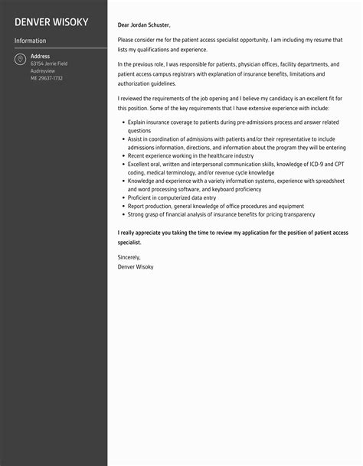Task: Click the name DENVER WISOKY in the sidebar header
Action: click(51, 21)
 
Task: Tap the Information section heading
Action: click(30, 41)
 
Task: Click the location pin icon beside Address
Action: click(19, 60)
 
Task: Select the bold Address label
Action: click(40, 56)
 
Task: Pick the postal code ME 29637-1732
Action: click(47, 78)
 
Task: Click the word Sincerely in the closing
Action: click(129, 257)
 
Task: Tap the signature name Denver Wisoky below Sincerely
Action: click(136, 266)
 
